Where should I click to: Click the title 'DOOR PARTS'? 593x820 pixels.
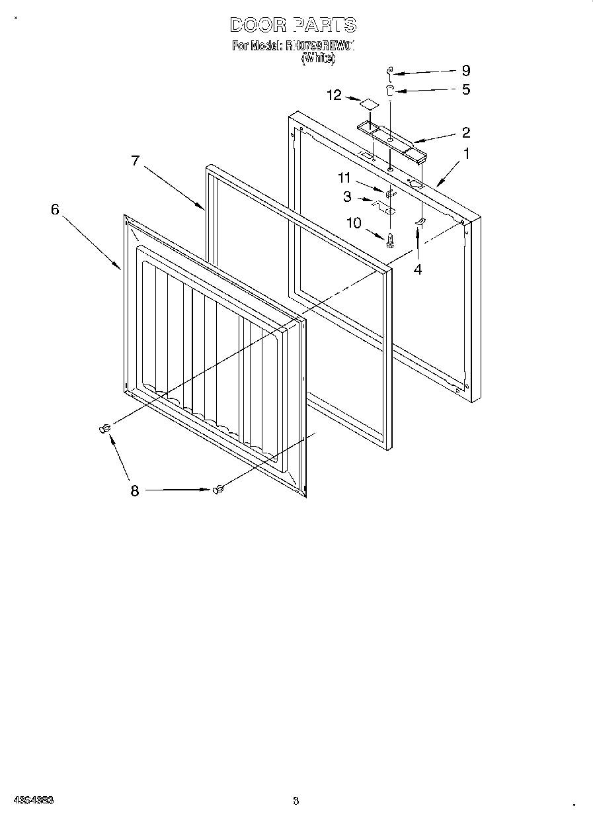pyautogui.click(x=293, y=25)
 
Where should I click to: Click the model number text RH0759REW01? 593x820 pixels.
pyautogui.click(x=320, y=46)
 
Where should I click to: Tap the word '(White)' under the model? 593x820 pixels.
pyautogui.click(x=318, y=58)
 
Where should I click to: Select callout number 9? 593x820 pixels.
pyautogui.click(x=465, y=70)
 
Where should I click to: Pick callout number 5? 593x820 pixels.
pyautogui.click(x=465, y=89)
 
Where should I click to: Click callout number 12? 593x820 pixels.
pyautogui.click(x=334, y=95)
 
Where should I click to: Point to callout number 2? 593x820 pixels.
pyautogui.click(x=465, y=132)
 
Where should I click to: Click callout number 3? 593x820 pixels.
pyautogui.click(x=346, y=197)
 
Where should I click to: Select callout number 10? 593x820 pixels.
pyautogui.click(x=354, y=223)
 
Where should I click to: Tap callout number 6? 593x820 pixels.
pyautogui.click(x=55, y=209)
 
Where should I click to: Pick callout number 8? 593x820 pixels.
pyautogui.click(x=135, y=490)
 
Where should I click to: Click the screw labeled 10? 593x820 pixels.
pyautogui.click(x=389, y=240)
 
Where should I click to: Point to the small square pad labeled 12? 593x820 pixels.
pyautogui.click(x=368, y=103)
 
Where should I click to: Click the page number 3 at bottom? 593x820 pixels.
pyautogui.click(x=296, y=800)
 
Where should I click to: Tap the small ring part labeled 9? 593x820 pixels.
pyautogui.click(x=389, y=71)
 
